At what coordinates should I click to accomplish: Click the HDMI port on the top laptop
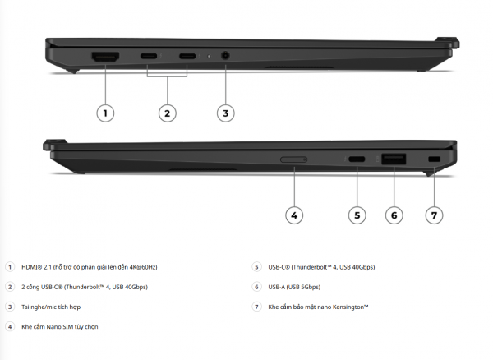click(104, 58)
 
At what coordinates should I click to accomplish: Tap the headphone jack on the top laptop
click(225, 58)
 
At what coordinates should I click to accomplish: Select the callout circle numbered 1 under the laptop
click(104, 113)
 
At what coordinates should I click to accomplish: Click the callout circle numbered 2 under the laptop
click(168, 113)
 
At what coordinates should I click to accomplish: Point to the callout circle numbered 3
click(227, 113)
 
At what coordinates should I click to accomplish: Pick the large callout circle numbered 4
click(295, 215)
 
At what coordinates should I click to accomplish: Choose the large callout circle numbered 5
click(356, 215)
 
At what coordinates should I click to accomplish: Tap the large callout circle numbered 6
click(394, 215)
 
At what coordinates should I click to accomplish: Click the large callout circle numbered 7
click(435, 215)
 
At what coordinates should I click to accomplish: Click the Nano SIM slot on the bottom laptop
click(294, 159)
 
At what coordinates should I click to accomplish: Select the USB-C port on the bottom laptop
click(357, 159)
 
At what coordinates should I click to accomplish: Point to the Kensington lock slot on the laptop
click(435, 159)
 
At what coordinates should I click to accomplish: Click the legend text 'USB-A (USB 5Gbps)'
click(294, 287)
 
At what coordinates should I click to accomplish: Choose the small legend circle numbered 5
click(256, 267)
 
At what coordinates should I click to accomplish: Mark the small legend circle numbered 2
click(10, 287)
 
